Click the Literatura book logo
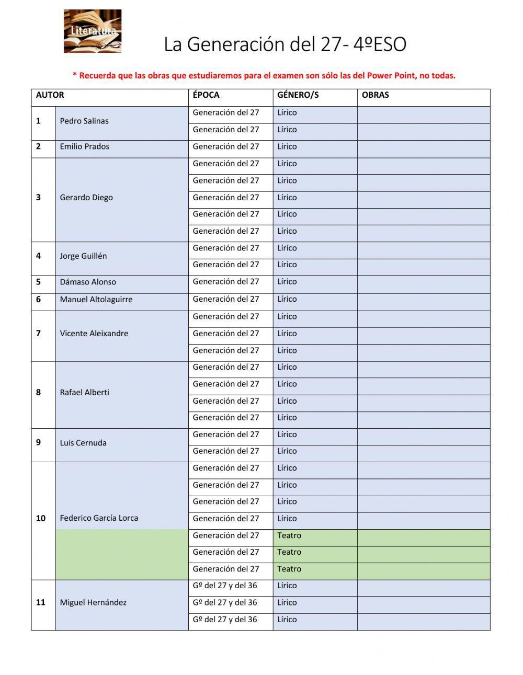pos(93,31)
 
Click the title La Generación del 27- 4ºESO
pos(285,44)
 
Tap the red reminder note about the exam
pos(264,75)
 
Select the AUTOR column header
pos(50,95)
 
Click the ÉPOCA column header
pos(206,95)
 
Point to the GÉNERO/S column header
pos(298,95)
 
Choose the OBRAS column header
pos(375,95)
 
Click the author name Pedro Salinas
pos(84,121)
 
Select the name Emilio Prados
pos(84,146)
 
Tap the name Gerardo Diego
pos(86,198)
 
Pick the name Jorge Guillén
pos(83,256)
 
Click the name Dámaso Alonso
pos(88,282)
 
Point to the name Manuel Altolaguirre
pos(96,300)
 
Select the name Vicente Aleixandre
pos(94,334)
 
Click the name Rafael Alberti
pos(84,393)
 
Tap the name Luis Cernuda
pos(83,443)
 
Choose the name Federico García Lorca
pos(99,518)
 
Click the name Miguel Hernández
pos(93,602)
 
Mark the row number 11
pos(41,602)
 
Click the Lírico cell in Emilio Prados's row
pos(287,147)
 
